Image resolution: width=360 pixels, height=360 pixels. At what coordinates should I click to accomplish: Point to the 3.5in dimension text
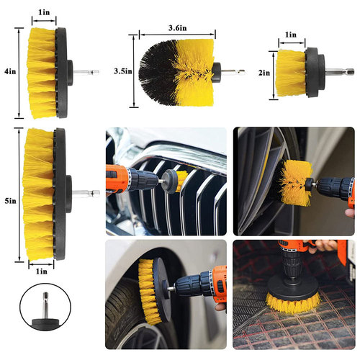click(122, 71)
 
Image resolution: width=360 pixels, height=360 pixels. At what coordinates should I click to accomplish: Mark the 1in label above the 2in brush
click(291, 35)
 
